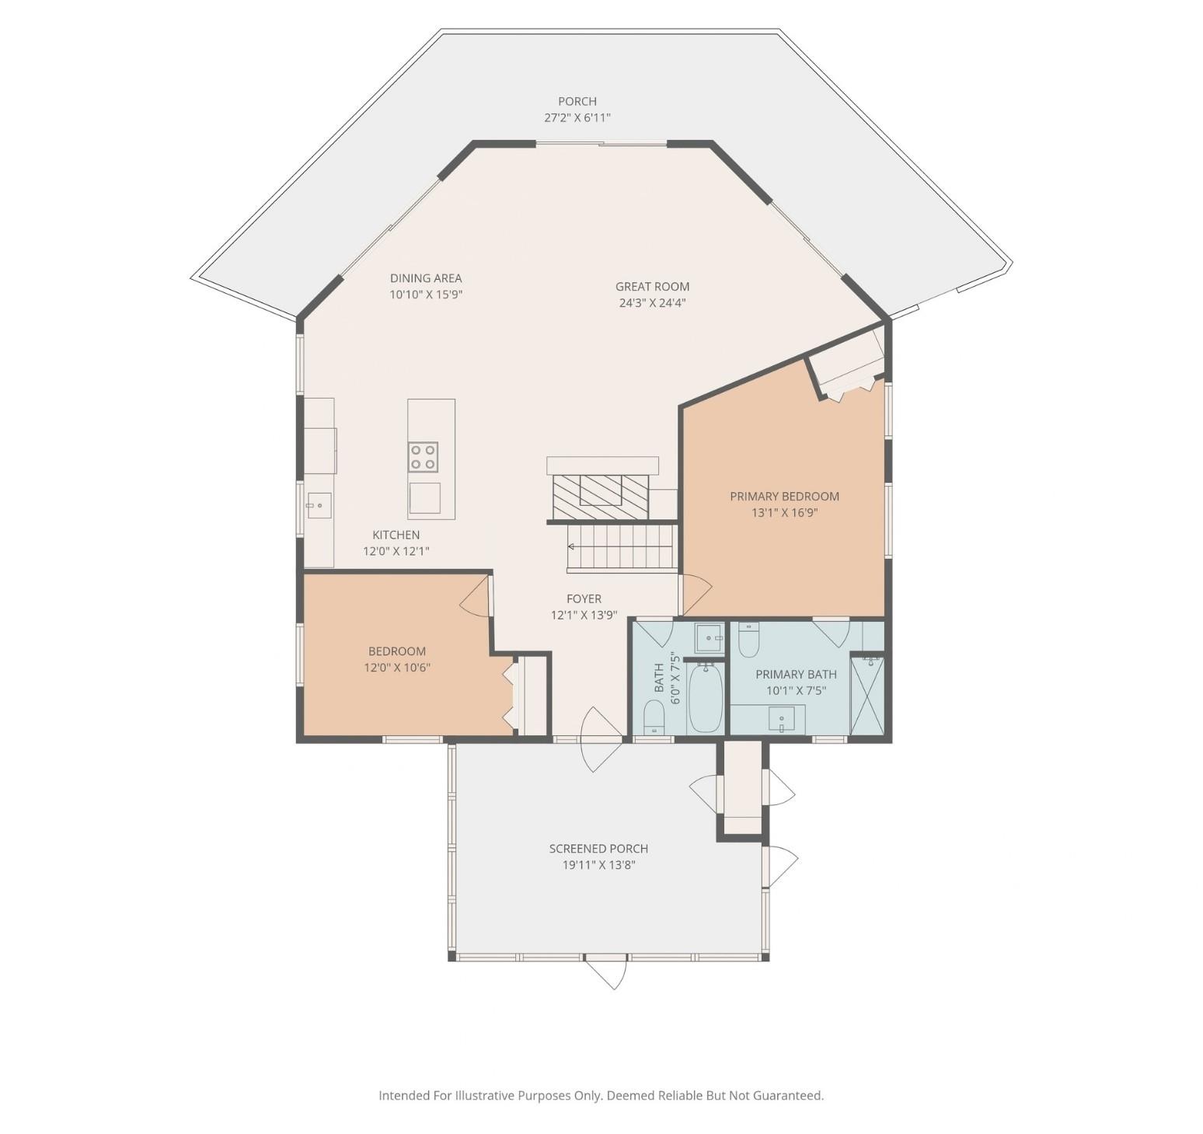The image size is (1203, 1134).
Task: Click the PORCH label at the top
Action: click(577, 101)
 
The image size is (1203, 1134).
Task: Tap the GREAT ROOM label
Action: click(653, 286)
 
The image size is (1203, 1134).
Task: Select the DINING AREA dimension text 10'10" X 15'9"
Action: click(427, 295)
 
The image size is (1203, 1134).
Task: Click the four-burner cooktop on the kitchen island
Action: click(423, 457)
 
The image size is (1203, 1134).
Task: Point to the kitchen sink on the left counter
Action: click(319, 505)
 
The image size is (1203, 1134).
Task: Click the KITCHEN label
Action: click(396, 535)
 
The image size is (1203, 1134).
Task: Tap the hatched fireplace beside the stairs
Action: click(600, 497)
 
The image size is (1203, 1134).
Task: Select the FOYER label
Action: click(584, 598)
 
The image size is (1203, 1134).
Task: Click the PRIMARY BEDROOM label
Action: click(785, 496)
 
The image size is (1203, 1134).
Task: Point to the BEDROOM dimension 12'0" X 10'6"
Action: click(397, 668)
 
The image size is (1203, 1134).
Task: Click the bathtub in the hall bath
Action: click(706, 697)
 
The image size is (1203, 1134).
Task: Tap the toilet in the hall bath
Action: click(654, 717)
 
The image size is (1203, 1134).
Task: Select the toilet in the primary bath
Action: click(749, 640)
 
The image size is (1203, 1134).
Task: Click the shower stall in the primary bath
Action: click(867, 696)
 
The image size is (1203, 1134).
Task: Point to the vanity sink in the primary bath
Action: click(782, 719)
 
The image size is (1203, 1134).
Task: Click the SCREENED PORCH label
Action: click(598, 849)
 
